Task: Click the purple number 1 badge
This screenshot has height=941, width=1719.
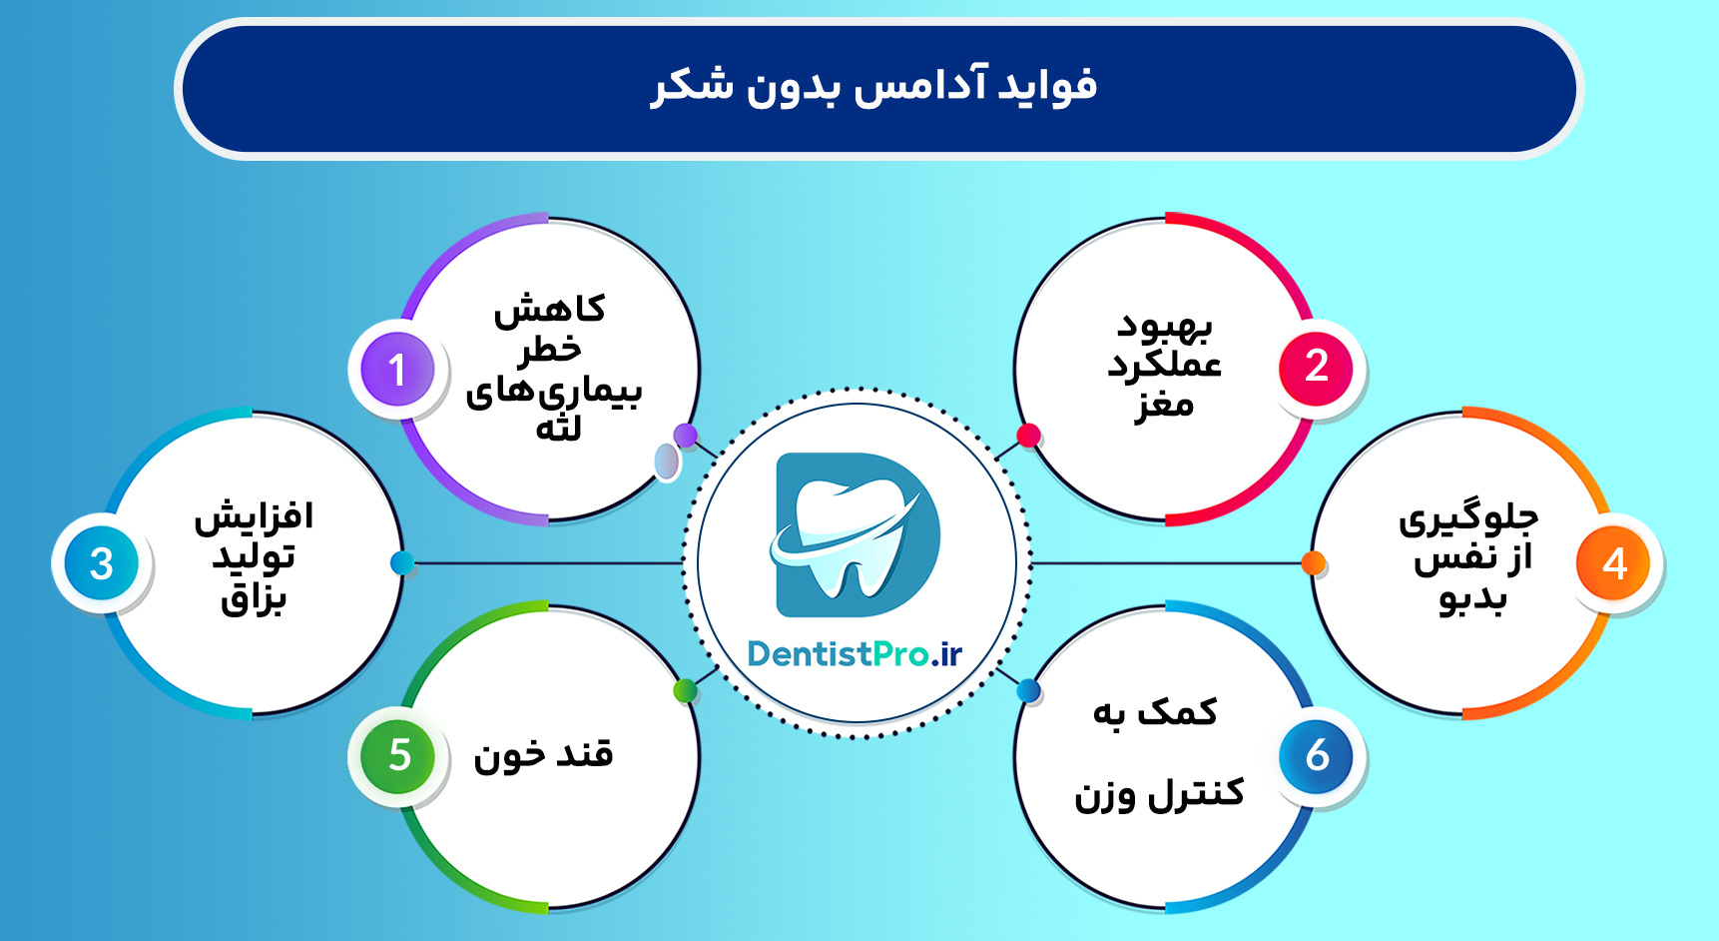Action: tap(397, 369)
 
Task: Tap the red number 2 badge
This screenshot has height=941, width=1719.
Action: tap(1316, 367)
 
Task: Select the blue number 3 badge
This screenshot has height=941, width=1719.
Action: tap(101, 563)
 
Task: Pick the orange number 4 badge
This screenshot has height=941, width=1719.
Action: tap(1613, 563)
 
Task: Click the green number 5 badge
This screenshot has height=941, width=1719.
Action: tap(398, 755)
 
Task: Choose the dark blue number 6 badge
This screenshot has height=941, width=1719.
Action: tap(1316, 755)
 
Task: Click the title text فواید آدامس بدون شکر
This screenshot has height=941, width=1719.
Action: tap(873, 86)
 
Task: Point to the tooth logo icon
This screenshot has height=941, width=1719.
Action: tap(857, 534)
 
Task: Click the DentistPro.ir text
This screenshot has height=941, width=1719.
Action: tap(855, 653)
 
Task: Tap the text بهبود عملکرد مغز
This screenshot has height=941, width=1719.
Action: tap(1164, 365)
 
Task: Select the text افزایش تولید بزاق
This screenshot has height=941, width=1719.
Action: tap(254, 556)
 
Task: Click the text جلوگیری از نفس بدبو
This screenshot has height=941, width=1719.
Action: tap(1469, 556)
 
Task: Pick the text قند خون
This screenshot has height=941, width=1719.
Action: tap(544, 754)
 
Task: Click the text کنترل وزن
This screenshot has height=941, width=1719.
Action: tap(1159, 794)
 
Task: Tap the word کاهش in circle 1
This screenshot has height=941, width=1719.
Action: tap(550, 310)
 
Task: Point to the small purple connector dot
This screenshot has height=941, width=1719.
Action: tap(685, 435)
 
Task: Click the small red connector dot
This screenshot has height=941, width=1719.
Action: tap(1028, 435)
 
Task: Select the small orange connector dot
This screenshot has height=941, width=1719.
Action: tap(1314, 563)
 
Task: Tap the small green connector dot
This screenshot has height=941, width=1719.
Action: tap(685, 689)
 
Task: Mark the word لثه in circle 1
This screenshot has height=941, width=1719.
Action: tap(558, 430)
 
